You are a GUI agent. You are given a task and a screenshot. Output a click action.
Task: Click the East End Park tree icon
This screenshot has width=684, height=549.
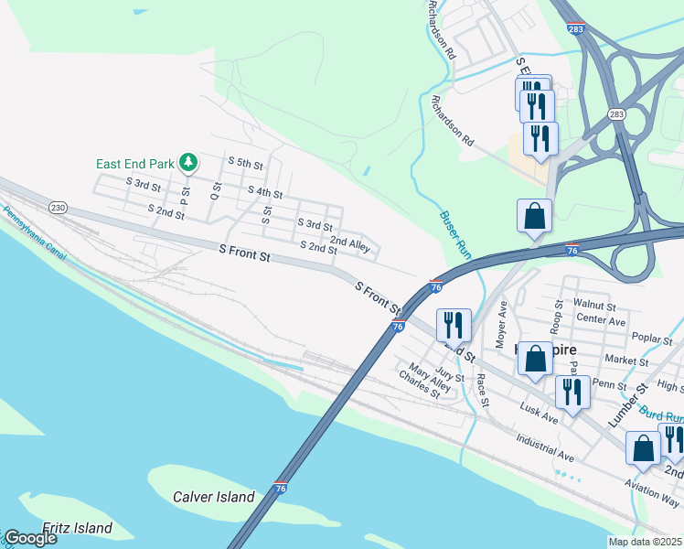188,163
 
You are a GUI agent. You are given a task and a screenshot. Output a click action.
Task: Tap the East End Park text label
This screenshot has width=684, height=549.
135,164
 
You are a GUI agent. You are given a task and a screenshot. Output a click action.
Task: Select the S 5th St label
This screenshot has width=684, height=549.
243,164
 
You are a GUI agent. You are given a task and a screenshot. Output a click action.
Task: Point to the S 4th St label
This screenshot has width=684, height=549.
264,193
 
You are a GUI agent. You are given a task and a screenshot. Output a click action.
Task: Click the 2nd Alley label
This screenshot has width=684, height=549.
349,243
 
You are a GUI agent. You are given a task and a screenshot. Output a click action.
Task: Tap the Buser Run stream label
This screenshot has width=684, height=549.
455,234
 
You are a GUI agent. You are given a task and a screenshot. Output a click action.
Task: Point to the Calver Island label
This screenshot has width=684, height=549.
213,497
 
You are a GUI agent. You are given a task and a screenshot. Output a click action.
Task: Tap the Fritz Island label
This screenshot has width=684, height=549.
78,528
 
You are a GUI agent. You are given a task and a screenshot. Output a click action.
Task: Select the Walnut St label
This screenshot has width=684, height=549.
596,303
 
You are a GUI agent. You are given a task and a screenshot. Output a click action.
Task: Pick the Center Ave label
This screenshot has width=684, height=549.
601,321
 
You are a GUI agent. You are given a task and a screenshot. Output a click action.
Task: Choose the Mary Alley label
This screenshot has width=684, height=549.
430,377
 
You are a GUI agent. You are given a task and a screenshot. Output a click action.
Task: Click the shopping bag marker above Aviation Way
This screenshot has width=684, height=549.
644,448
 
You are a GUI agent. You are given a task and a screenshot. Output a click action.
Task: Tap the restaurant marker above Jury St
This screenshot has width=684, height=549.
453,324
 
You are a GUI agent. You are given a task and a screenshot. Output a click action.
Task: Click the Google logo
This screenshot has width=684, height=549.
30,538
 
